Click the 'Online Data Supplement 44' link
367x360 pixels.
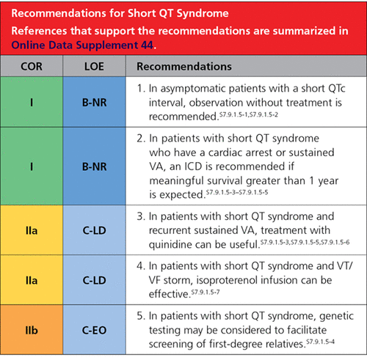pos(82,45)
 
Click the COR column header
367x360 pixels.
pos(32,67)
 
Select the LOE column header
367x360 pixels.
pos(94,67)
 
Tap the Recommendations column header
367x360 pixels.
pos(184,67)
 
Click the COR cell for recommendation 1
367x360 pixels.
pos(32,102)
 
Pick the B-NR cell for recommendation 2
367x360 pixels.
pos(94,166)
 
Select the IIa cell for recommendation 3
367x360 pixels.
pos(32,230)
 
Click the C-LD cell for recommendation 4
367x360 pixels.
pos(94,280)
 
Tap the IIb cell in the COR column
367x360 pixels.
pos(32,330)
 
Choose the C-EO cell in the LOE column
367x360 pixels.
pos(94,330)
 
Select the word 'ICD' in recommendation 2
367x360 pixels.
pos(193,166)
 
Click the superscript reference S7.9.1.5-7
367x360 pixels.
pos(206,292)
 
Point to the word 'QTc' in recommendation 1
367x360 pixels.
pos(337,88)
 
